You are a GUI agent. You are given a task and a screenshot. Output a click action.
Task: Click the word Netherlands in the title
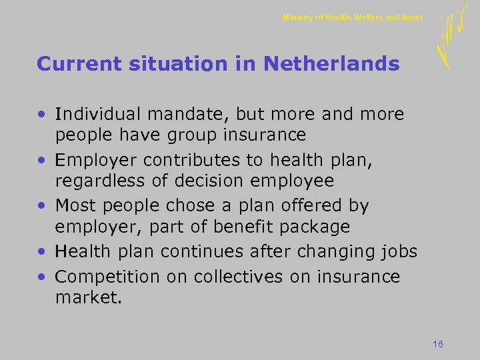tap(331, 64)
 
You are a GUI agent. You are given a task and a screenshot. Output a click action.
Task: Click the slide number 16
tap(438, 344)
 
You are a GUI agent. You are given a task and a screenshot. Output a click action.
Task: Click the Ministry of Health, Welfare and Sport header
tap(353, 17)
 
